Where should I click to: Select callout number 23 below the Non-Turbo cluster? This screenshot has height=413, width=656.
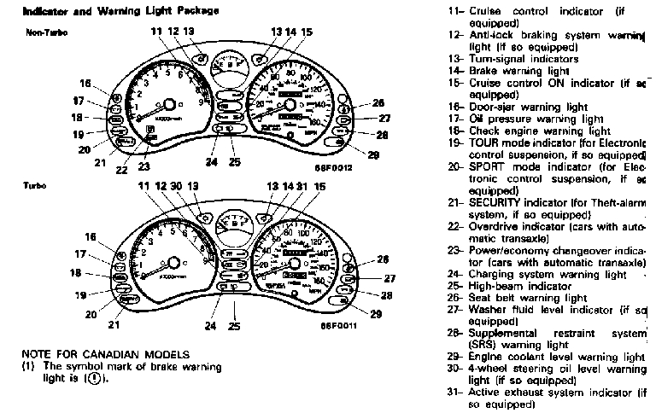tap(144, 167)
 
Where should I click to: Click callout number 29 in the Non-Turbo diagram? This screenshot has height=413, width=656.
tap(373, 154)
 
